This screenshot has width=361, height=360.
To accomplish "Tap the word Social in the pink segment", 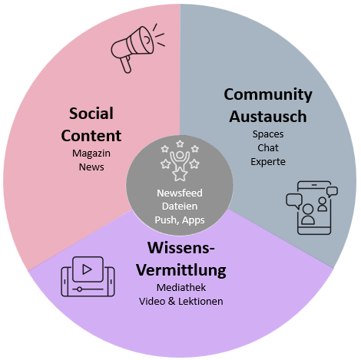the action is coord(91,114).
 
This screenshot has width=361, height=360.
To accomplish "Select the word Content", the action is coord(91,135).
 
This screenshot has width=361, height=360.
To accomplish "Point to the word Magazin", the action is coord(91,154).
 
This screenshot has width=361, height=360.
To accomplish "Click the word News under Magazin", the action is coord(91,167).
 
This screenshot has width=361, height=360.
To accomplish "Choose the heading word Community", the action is coord(268,94).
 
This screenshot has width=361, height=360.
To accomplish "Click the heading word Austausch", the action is coord(268,117).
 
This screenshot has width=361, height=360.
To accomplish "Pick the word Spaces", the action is coord(268,134).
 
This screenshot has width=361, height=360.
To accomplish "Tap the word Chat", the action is coord(268,148).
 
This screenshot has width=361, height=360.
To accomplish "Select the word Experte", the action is coord(268,162).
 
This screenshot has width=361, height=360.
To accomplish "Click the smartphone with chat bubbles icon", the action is coord(312,208).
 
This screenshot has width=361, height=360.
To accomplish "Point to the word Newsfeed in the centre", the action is coord(180,193).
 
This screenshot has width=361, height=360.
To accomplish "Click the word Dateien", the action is coord(180,206).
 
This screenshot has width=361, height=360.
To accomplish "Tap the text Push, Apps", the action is coord(180,220).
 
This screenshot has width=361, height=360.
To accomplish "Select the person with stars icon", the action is coord(180,160).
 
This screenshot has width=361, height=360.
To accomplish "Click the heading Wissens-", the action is coord(181,248).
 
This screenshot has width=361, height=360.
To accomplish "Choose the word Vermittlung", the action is coord(181,269).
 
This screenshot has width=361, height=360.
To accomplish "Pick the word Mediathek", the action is coord(181,288).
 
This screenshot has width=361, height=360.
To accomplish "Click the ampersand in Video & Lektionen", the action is coord(171,302).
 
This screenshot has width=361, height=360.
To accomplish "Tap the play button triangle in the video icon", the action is coord(87,269).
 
